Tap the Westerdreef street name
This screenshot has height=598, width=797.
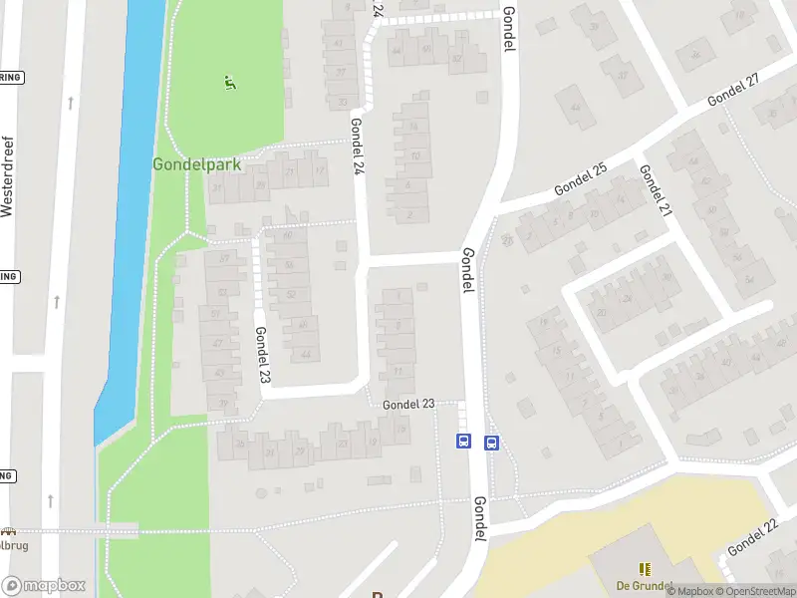pyautogui.click(x=8, y=176)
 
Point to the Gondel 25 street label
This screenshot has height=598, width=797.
pyautogui.click(x=581, y=176)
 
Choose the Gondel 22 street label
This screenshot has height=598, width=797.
pyautogui.click(x=751, y=538)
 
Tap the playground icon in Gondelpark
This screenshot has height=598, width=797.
pyautogui.click(x=230, y=84)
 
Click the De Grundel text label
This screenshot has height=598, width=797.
pyautogui.click(x=644, y=585)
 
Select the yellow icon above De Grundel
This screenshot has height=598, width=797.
pyautogui.click(x=645, y=568)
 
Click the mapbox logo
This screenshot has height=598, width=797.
pyautogui.click(x=44, y=586)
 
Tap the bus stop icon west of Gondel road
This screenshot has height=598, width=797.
pyautogui.click(x=462, y=442)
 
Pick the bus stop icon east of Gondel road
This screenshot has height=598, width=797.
pyautogui.click(x=491, y=443)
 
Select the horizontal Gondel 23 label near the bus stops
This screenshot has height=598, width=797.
pyautogui.click(x=408, y=404)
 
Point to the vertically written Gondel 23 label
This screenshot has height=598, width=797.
pyautogui.click(x=262, y=356)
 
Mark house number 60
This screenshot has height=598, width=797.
pyautogui.click(x=289, y=236)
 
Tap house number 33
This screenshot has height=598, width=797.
pyautogui.click(x=343, y=103)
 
